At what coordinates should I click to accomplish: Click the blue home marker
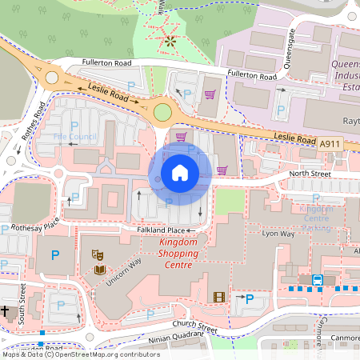[180, 172]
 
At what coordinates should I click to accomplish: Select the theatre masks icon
[98, 254]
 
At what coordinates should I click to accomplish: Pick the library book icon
[98, 270]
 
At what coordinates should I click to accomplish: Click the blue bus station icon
[318, 280]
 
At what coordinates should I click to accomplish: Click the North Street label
[310, 173]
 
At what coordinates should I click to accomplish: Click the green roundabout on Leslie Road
[164, 112]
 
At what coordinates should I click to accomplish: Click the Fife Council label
[74, 138]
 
